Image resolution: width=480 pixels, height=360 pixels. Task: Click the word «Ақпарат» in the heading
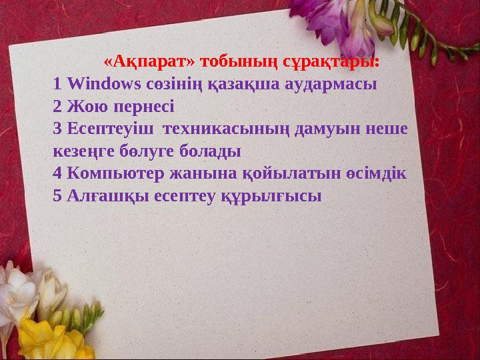tap(151, 62)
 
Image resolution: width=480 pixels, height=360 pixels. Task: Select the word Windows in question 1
tap(104, 84)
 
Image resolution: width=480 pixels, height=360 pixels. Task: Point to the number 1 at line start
tap(57, 84)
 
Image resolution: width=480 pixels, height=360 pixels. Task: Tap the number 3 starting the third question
tap(57, 128)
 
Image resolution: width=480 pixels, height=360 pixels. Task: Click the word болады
tap(211, 151)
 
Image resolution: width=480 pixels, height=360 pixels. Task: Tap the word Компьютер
tap(113, 173)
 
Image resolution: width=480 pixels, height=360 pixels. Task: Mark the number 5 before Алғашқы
tap(57, 195)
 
